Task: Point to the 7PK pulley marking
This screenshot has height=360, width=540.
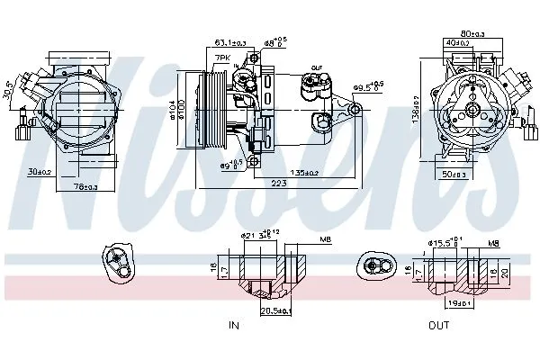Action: click(222, 58)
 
